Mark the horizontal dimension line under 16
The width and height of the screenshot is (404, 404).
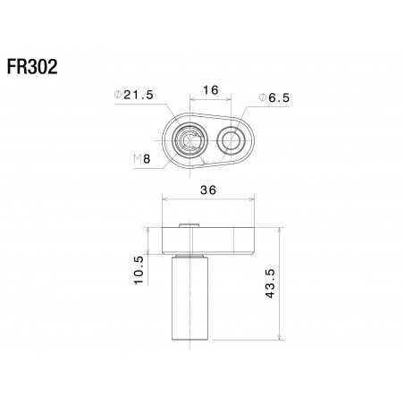pos(211,99)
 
